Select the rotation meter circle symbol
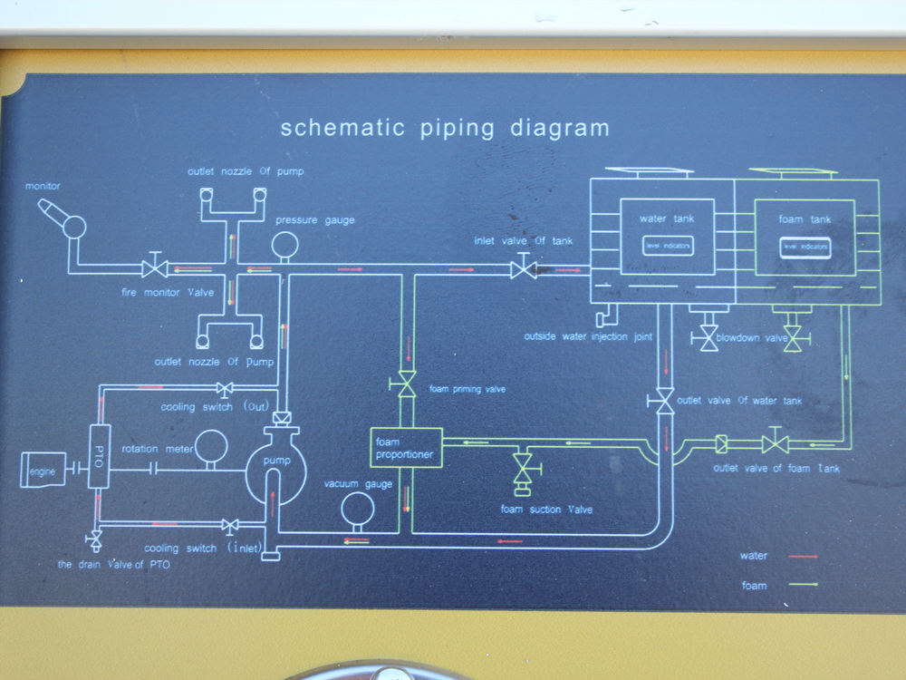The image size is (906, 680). pyautogui.click(x=212, y=445)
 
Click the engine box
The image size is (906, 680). pyautogui.click(x=43, y=470)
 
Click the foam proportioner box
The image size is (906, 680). pyautogui.click(x=406, y=447)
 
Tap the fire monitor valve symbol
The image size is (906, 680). pyautogui.click(x=154, y=267)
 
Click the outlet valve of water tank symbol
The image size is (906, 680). pyautogui.click(x=664, y=400)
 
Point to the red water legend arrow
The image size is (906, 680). pyautogui.click(x=803, y=556)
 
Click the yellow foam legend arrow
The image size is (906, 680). pyautogui.click(x=803, y=586)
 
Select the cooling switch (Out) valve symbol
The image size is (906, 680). pyautogui.click(x=226, y=389)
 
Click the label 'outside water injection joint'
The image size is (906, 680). pyautogui.click(x=588, y=337)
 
